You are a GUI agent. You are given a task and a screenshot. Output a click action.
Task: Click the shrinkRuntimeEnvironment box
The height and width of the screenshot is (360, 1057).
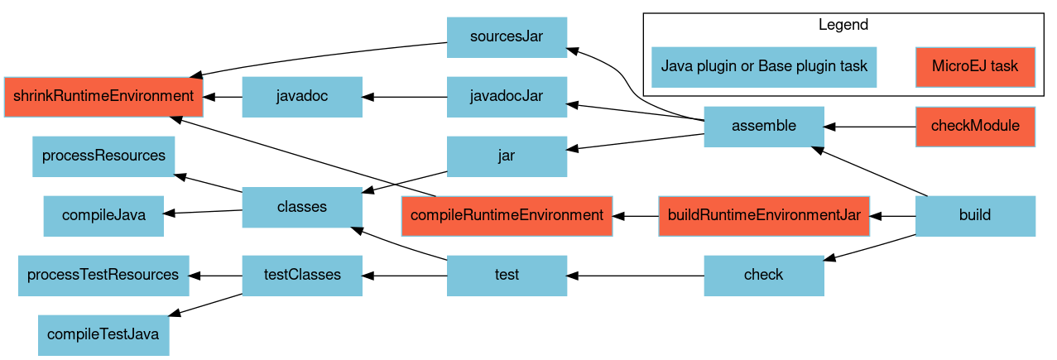[103, 97]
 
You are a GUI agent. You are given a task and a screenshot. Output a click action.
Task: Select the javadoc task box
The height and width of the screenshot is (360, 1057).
[302, 97]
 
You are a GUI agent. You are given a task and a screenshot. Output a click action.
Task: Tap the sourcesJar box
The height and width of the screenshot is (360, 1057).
[507, 37]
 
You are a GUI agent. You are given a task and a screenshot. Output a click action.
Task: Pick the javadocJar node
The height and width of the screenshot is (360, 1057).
[507, 97]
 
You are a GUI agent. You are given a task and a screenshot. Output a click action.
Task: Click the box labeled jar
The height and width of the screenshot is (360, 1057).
[507, 156]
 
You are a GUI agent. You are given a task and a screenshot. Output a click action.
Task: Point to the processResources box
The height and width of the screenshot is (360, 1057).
[103, 156]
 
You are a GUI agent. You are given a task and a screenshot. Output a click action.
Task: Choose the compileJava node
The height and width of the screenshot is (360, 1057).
[103, 216]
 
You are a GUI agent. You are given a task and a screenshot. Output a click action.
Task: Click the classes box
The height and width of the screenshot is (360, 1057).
[302, 208]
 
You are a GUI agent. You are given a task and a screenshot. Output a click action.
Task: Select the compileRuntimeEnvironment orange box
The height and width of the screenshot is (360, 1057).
[507, 216]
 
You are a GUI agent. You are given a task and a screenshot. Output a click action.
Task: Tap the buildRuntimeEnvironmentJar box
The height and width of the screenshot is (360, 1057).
[764, 216]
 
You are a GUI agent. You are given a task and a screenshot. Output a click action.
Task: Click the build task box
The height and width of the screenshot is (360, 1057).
[975, 216]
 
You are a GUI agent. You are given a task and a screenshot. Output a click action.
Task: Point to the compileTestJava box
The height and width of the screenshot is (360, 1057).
[103, 335]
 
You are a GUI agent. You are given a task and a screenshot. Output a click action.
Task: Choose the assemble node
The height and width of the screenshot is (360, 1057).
[763, 127]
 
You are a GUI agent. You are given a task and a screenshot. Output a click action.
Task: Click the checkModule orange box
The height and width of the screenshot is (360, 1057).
[975, 127]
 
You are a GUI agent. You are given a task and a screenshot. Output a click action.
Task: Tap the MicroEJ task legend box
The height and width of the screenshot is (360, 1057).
[975, 67]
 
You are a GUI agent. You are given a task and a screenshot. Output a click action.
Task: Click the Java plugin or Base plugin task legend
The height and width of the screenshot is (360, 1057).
[764, 67]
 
